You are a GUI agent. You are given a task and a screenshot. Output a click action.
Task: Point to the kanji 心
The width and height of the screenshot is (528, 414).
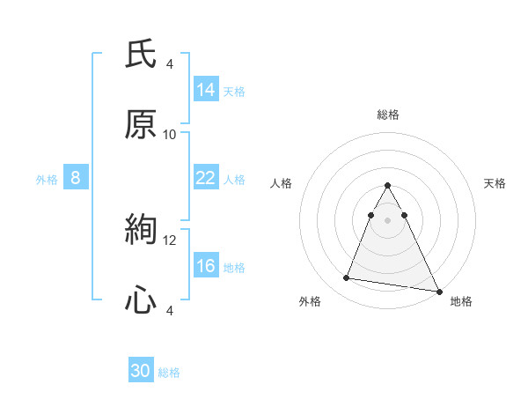click(141, 301)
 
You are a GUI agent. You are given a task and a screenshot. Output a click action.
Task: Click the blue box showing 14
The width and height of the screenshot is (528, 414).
click(206, 89)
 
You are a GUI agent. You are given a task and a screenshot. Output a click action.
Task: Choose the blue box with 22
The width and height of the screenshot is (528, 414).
click(206, 178)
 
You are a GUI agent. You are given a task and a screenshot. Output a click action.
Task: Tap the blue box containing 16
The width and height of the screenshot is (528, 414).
click(206, 266)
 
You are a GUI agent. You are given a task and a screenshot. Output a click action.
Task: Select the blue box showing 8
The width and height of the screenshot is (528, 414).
click(76, 178)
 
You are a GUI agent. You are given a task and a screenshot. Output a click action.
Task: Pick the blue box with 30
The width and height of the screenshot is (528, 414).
click(141, 371)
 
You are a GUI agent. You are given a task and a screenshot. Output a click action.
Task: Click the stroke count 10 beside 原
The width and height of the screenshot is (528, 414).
click(170, 135)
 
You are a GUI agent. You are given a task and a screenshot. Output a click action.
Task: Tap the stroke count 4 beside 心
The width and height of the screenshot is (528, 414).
click(170, 310)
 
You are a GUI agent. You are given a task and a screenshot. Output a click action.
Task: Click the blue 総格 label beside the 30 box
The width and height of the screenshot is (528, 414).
click(170, 373)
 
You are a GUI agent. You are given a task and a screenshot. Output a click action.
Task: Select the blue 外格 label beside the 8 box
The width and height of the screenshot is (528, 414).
click(47, 180)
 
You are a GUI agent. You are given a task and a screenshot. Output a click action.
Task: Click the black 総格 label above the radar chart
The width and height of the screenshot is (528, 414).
click(388, 115)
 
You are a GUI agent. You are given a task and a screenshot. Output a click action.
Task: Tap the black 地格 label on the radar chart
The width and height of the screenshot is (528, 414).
click(461, 302)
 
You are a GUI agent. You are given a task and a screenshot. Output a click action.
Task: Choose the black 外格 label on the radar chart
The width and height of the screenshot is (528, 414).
click(310, 302)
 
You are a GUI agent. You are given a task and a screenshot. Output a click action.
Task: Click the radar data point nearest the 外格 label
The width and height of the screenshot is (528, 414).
click(346, 278)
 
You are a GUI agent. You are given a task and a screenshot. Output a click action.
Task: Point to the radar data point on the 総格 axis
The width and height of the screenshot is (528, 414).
click(388, 186)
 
